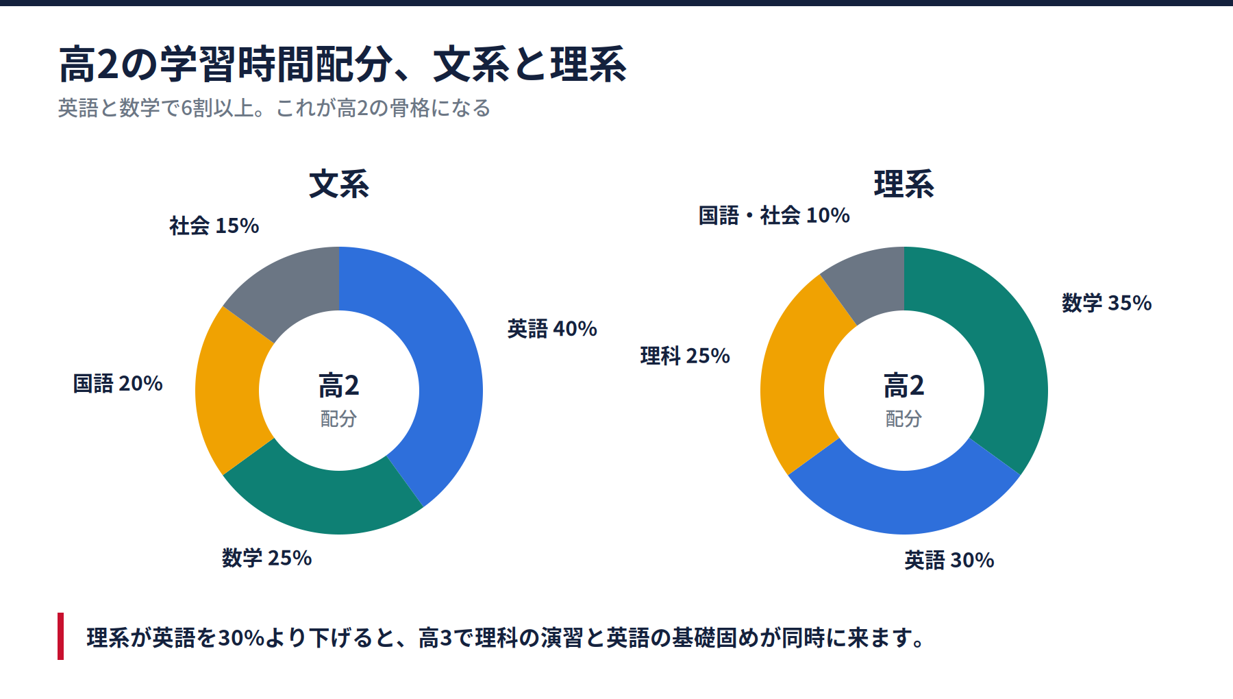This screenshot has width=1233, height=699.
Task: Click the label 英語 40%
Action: (x=552, y=329)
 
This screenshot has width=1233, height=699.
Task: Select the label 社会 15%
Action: (x=214, y=225)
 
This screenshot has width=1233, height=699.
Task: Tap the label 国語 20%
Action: (x=118, y=383)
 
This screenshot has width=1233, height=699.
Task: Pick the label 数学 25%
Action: (x=266, y=558)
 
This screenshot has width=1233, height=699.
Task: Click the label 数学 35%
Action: (x=1107, y=303)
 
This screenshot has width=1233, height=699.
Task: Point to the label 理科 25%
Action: (x=685, y=356)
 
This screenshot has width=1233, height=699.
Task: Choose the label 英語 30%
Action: (x=949, y=561)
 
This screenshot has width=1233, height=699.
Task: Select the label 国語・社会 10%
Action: (x=774, y=215)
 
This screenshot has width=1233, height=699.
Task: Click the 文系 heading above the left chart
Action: (x=339, y=184)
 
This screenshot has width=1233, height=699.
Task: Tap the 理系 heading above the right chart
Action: (x=904, y=184)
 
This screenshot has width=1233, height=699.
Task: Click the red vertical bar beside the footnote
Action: (x=61, y=636)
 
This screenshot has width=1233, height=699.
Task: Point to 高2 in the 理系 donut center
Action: (x=904, y=386)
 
